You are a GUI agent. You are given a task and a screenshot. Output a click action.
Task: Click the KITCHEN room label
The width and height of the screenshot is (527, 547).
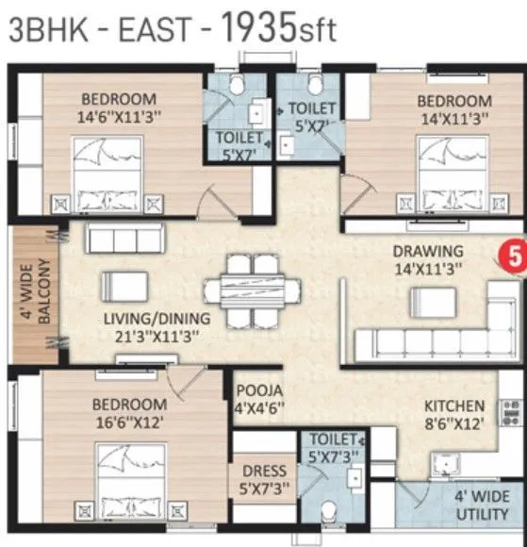coord(453,406)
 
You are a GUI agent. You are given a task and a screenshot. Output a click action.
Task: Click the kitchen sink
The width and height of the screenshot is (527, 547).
coord(445,462)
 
